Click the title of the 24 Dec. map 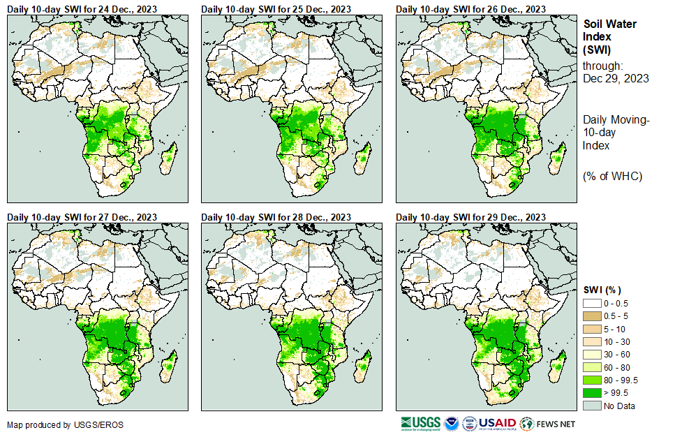pyautogui.click(x=82, y=9)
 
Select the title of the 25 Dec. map pyautogui.click(x=276, y=9)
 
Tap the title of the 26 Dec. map pyautogui.click(x=471, y=9)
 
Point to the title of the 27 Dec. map pyautogui.click(x=82, y=217)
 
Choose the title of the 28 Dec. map pyautogui.click(x=276, y=217)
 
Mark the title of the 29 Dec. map pyautogui.click(x=471, y=217)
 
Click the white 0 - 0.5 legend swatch pyautogui.click(x=592, y=303)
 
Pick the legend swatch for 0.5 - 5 pyautogui.click(x=592, y=316)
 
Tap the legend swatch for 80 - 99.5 pyautogui.click(x=592, y=380)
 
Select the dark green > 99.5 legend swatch pyautogui.click(x=592, y=393)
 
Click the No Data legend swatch pyautogui.click(x=592, y=406)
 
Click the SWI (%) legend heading pyautogui.click(x=602, y=290)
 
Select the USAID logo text pyautogui.click(x=497, y=424)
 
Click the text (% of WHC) pyautogui.click(x=612, y=175)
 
